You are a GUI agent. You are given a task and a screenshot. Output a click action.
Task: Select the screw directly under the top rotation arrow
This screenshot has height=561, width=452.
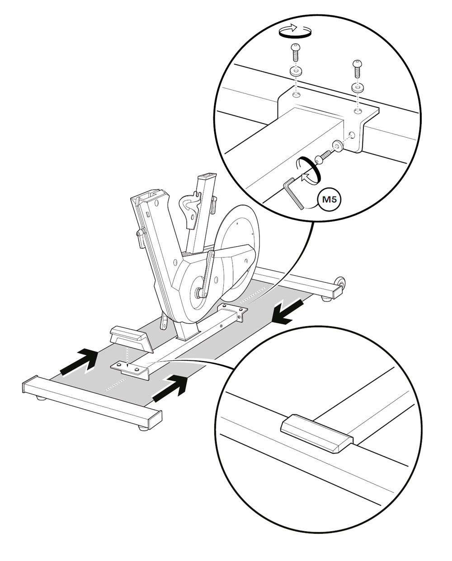coord(296,53)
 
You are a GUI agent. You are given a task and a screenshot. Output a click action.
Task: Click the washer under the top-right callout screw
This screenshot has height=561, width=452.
coord(357,88)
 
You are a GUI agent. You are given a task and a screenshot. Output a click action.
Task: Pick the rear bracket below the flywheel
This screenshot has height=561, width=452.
coord(233,312)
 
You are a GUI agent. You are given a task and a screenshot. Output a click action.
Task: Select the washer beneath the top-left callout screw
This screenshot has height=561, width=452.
coord(296,72)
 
